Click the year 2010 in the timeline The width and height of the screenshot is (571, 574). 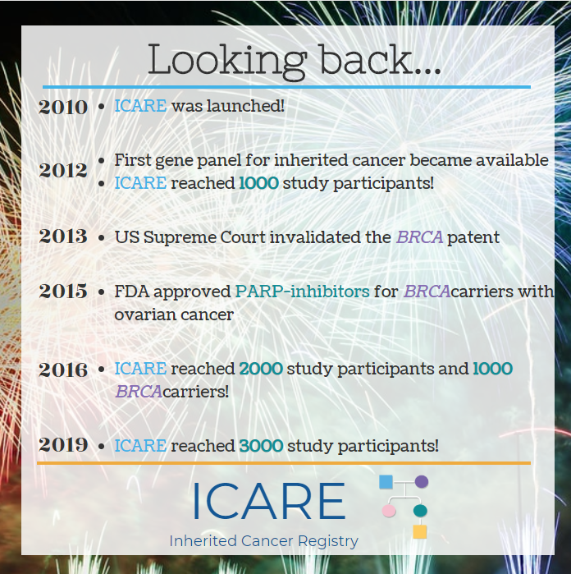63,108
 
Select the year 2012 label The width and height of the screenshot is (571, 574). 63,171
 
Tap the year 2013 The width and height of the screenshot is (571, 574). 63,236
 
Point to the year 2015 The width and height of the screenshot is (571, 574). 63,291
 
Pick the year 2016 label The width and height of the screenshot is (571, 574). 63,370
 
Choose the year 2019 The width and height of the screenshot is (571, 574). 63,445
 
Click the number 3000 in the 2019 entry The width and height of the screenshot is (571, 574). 261,446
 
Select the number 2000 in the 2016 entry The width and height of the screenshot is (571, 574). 261,369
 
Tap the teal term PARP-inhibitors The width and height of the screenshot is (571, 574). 303,292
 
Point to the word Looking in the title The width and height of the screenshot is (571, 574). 227,61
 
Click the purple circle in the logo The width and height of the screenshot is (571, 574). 422,481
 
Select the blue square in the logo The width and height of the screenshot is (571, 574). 386,482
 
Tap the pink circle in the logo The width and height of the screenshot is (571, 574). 389,510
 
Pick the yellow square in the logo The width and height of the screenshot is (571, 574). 420,531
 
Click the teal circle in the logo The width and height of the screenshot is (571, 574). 420,510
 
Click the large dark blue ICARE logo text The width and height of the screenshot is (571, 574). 268,501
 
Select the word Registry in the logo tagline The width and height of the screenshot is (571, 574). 328,542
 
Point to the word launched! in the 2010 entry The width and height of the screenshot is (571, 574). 245,106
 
